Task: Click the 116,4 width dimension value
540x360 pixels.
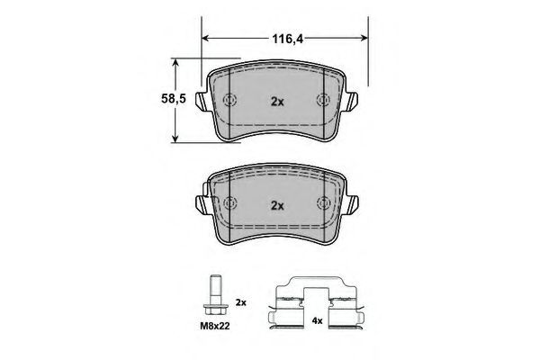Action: pyautogui.click(x=288, y=39)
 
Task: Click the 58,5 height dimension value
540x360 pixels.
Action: pyautogui.click(x=174, y=99)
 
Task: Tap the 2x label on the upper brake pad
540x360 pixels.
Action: pyautogui.click(x=277, y=102)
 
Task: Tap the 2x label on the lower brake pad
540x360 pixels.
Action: pyautogui.click(x=277, y=206)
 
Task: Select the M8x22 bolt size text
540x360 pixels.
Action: pyautogui.click(x=215, y=326)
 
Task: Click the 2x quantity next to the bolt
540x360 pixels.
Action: pyautogui.click(x=240, y=302)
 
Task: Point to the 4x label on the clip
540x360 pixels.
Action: pyautogui.click(x=317, y=320)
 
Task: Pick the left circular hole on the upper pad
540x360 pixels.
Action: pyautogui.click(x=229, y=100)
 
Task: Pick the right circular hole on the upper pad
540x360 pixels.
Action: pyautogui.click(x=323, y=100)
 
